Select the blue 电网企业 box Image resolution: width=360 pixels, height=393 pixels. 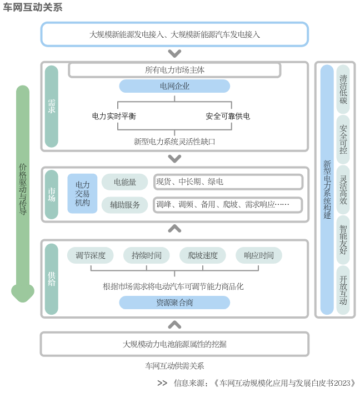click(174, 86)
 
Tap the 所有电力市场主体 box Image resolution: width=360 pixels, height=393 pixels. click(174, 70)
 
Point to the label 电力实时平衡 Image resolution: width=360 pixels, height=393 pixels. click(114, 117)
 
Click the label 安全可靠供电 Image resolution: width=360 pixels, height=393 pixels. click(228, 117)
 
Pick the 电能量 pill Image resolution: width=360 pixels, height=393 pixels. click(124, 182)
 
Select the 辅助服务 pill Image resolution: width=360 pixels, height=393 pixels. click(124, 204)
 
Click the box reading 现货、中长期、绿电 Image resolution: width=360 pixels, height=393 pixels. click(228, 182)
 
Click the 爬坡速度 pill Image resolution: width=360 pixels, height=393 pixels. click(202, 255)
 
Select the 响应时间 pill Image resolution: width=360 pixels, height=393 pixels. click(258, 255)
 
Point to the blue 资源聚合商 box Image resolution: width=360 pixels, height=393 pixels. click(174, 303)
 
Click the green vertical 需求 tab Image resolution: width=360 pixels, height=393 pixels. click(51, 106)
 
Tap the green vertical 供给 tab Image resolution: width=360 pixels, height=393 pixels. click(51, 279)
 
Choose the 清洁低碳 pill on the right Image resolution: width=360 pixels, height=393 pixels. click(343, 89)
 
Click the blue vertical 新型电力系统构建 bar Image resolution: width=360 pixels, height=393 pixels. click(327, 190)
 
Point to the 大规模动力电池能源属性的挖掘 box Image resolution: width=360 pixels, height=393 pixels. click(174, 344)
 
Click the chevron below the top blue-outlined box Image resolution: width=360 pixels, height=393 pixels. click(174, 54)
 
